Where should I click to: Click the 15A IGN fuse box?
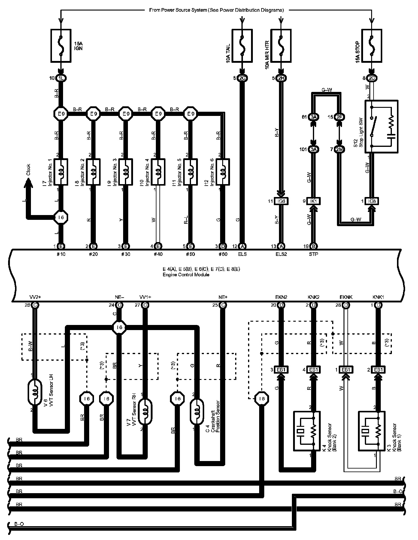tap(61, 46)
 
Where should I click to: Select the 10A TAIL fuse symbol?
tap(242, 46)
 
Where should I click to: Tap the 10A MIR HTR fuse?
tap(281, 46)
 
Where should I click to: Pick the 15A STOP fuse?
tap(372, 46)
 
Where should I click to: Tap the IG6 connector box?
tap(281, 201)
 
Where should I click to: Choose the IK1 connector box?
tap(313, 201)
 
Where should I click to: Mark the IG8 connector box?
tap(372, 201)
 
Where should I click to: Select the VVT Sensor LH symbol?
tap(35, 392)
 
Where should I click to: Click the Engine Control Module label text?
tap(186, 275)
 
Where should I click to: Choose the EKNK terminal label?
tap(346, 297)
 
